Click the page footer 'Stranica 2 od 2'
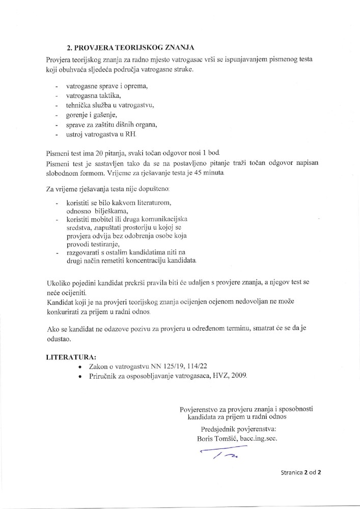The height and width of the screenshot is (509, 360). [300, 472]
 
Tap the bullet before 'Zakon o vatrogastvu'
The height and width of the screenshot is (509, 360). [79, 366]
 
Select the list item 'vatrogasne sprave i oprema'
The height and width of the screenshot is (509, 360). [106, 86]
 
